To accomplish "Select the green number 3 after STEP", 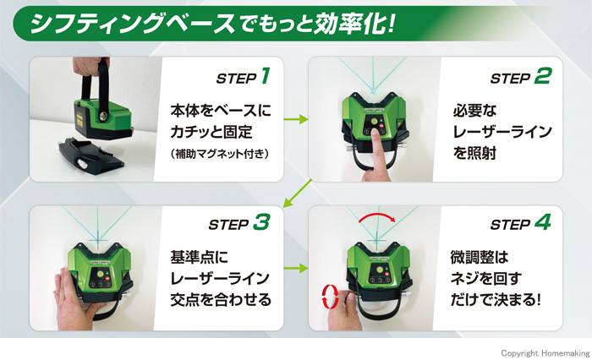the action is pos(261,221).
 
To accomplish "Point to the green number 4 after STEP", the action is pos(543,221).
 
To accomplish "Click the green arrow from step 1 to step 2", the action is pos(296,120).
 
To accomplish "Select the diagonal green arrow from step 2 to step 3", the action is pos(297,194).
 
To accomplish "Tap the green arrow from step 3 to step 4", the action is pos(296,268).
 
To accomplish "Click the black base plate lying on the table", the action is pos(90,155).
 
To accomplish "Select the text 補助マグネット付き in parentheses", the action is pos(220,154).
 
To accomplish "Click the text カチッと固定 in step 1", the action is pos(211,132).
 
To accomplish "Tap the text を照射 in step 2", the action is pos(474,153).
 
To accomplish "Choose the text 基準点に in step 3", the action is pos(200,258).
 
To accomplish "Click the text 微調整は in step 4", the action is pos(480,258).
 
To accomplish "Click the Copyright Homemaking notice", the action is pos(545,353).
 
